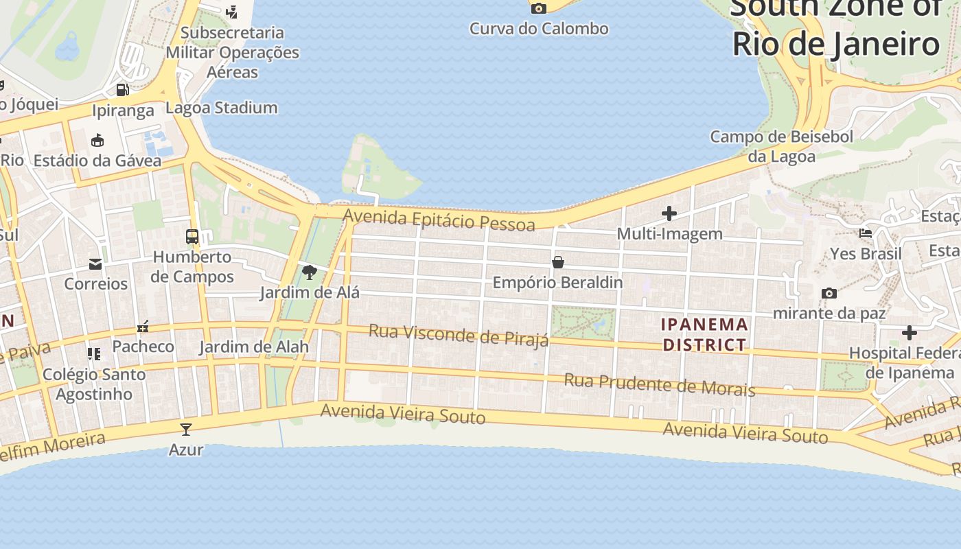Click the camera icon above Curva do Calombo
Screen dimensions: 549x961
(x=539, y=8)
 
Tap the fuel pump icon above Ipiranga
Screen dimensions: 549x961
(x=123, y=89)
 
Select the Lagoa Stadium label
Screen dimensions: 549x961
(x=222, y=108)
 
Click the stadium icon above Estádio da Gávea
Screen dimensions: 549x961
(x=97, y=141)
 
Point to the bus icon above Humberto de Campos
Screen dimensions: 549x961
(x=192, y=237)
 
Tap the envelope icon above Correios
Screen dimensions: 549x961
(x=95, y=264)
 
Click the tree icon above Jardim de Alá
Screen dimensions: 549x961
(x=310, y=272)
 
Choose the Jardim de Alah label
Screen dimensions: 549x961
(x=254, y=347)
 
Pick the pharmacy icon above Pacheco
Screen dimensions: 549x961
(x=143, y=327)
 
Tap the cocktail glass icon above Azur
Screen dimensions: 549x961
(x=185, y=430)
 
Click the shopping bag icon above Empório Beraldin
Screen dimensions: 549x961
(x=558, y=262)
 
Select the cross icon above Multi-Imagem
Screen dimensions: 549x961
(x=669, y=213)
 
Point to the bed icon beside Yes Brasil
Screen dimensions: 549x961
(x=866, y=233)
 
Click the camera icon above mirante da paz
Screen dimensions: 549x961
(x=829, y=293)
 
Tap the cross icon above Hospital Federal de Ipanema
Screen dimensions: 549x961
(x=910, y=333)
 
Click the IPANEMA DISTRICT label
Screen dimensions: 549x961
(x=704, y=334)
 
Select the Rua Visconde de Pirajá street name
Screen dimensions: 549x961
(x=459, y=336)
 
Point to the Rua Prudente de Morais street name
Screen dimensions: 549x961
(x=660, y=385)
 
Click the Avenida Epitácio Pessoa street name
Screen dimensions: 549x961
(x=439, y=220)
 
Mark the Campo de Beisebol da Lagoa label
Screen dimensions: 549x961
(x=782, y=146)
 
